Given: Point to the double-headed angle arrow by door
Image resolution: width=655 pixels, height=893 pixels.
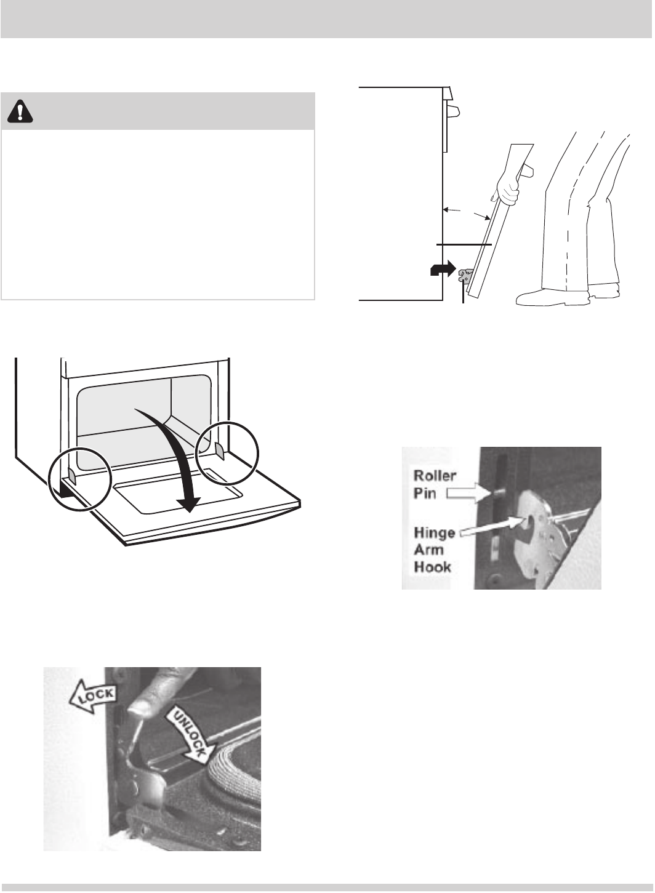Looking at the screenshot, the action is pyautogui.click(x=468, y=214).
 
